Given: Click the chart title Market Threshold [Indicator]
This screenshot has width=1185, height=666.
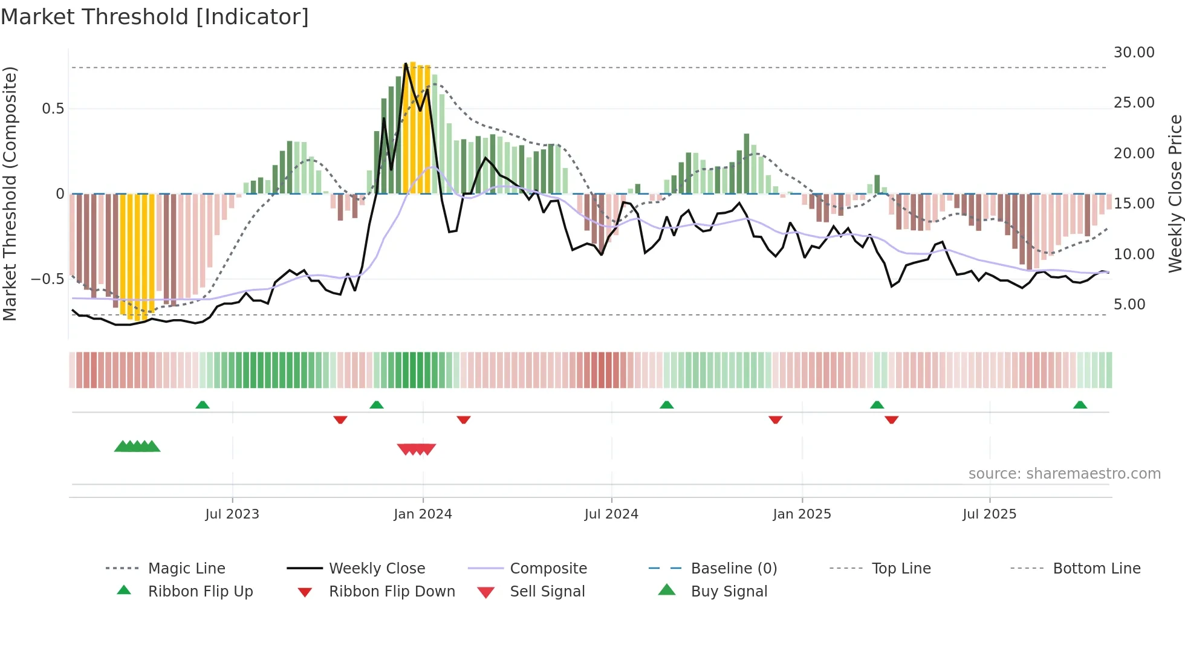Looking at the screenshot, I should (x=155, y=17).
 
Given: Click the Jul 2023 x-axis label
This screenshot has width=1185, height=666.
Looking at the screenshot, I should (x=232, y=514).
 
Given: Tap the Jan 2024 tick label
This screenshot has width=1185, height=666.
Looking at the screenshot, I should (x=423, y=514).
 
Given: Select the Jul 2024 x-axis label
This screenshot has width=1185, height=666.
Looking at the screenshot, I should (x=611, y=514).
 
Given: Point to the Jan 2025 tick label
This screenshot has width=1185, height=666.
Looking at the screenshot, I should (x=802, y=514).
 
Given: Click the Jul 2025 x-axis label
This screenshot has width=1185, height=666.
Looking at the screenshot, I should (x=990, y=514).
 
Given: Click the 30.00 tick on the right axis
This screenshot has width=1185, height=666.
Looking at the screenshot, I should (x=1134, y=53).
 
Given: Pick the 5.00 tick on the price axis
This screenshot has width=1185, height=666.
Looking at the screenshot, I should (x=1129, y=304).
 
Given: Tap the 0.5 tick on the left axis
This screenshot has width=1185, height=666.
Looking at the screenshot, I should (x=53, y=109).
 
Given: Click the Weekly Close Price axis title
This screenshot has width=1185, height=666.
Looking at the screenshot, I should (x=1175, y=193).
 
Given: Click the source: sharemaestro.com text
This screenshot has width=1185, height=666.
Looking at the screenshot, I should (x=1064, y=473).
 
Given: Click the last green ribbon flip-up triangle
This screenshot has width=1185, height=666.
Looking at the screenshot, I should (x=1080, y=404).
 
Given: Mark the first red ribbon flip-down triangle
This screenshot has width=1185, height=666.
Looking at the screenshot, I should (x=340, y=419).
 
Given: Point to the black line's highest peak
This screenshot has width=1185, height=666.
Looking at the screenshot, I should (x=406, y=63).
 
